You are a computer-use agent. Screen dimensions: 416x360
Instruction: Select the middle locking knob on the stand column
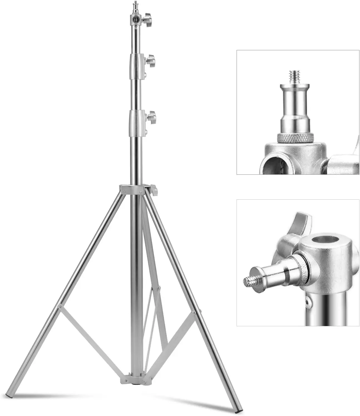pos(150,61)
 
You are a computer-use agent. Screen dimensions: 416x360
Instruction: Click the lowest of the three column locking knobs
pos(151,117)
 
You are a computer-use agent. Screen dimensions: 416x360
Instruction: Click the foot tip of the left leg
pos(10,396)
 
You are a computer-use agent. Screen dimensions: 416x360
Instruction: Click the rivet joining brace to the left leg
pos(60,307)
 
